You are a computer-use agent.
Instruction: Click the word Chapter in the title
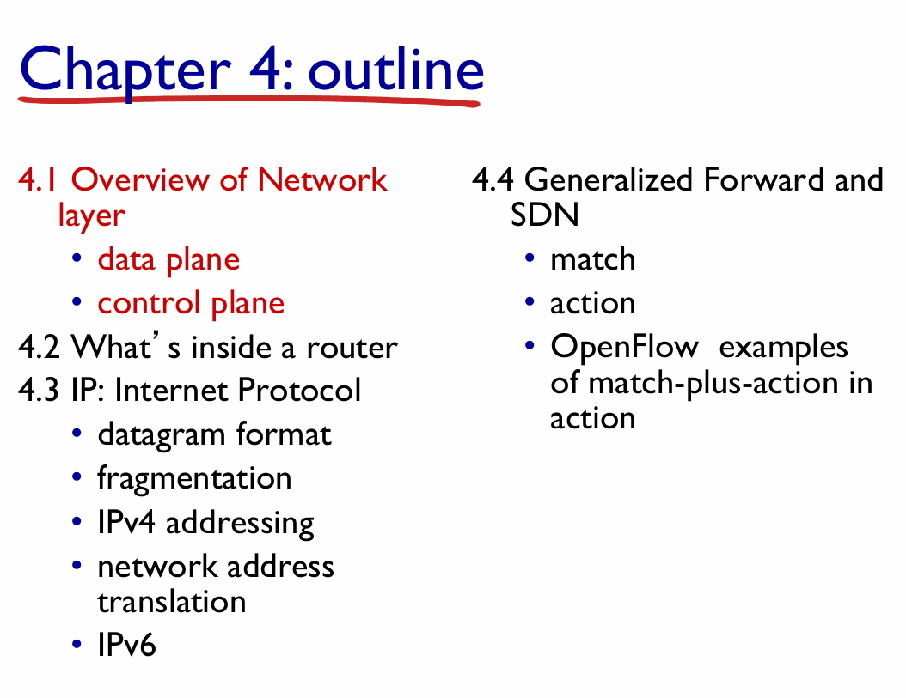pyautogui.click(x=125, y=70)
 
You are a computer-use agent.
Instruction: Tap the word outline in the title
pyautogui.click(x=395, y=70)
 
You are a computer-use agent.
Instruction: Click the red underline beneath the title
pyautogui.click(x=249, y=101)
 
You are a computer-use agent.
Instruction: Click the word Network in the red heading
pyautogui.click(x=322, y=179)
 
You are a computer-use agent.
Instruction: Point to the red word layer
pyautogui.click(x=91, y=215)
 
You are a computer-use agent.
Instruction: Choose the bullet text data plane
pyautogui.click(x=168, y=260)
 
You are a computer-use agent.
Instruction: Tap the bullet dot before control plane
pyautogui.click(x=77, y=301)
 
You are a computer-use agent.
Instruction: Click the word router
pyautogui.click(x=352, y=348)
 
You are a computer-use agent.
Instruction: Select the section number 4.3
pyautogui.click(x=38, y=391)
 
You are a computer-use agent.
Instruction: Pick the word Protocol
pyautogui.click(x=299, y=390)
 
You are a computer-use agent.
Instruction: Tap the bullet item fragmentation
pyautogui.click(x=194, y=478)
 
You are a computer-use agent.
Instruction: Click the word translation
pyautogui.click(x=172, y=602)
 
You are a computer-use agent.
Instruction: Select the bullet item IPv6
pyautogui.click(x=126, y=645)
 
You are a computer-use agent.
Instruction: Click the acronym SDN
pyautogui.click(x=544, y=215)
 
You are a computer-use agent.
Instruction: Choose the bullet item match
pyautogui.click(x=593, y=259)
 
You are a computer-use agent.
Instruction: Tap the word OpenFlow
pyautogui.click(x=625, y=348)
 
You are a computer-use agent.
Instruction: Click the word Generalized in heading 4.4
pyautogui.click(x=609, y=179)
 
